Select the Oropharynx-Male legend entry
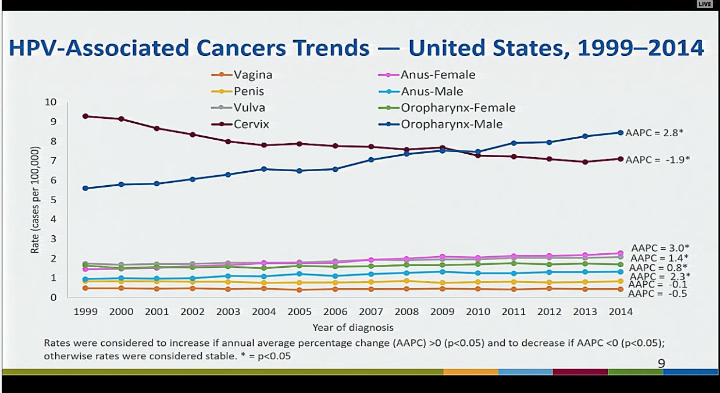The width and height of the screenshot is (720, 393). pos(451,124)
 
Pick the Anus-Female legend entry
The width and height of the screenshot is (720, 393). pos(438,75)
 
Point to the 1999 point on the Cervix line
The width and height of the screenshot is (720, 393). pos(85,116)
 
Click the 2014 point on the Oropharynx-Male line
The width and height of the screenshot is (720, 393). pos(621,132)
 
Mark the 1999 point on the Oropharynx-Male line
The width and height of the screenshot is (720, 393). pos(85,188)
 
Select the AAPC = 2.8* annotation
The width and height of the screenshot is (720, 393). pos(654,133)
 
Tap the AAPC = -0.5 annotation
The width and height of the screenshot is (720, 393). pos(658,293)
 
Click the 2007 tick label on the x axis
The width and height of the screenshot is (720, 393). pos(371,311)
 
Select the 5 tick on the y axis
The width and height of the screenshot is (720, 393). pos(53,200)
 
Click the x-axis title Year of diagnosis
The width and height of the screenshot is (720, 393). pos(352,327)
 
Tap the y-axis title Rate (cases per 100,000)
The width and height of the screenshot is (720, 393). pos(36,199)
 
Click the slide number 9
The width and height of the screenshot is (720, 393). pos(661,363)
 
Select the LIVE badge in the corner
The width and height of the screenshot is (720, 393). pos(704,5)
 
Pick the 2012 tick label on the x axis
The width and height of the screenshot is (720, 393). pos(550,311)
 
